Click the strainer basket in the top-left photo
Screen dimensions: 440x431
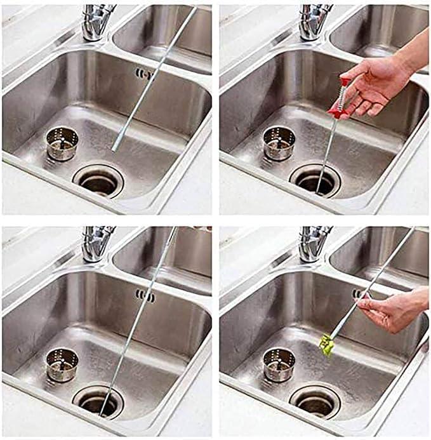(62, 143)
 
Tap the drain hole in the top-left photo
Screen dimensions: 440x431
(98, 182)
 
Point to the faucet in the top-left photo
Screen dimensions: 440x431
(97, 21)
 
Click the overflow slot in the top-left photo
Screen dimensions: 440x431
(145, 74)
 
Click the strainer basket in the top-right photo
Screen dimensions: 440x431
(279, 143)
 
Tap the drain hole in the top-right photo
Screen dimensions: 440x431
(315, 182)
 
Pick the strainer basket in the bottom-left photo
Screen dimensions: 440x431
(62, 364)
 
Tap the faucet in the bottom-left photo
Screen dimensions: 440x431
(97, 242)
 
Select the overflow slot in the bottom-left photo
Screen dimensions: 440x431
(145, 295)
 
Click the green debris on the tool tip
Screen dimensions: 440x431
(326, 345)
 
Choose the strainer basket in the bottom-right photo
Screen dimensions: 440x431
(279, 364)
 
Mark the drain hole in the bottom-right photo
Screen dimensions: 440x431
(315, 402)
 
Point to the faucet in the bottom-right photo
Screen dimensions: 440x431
(314, 242)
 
